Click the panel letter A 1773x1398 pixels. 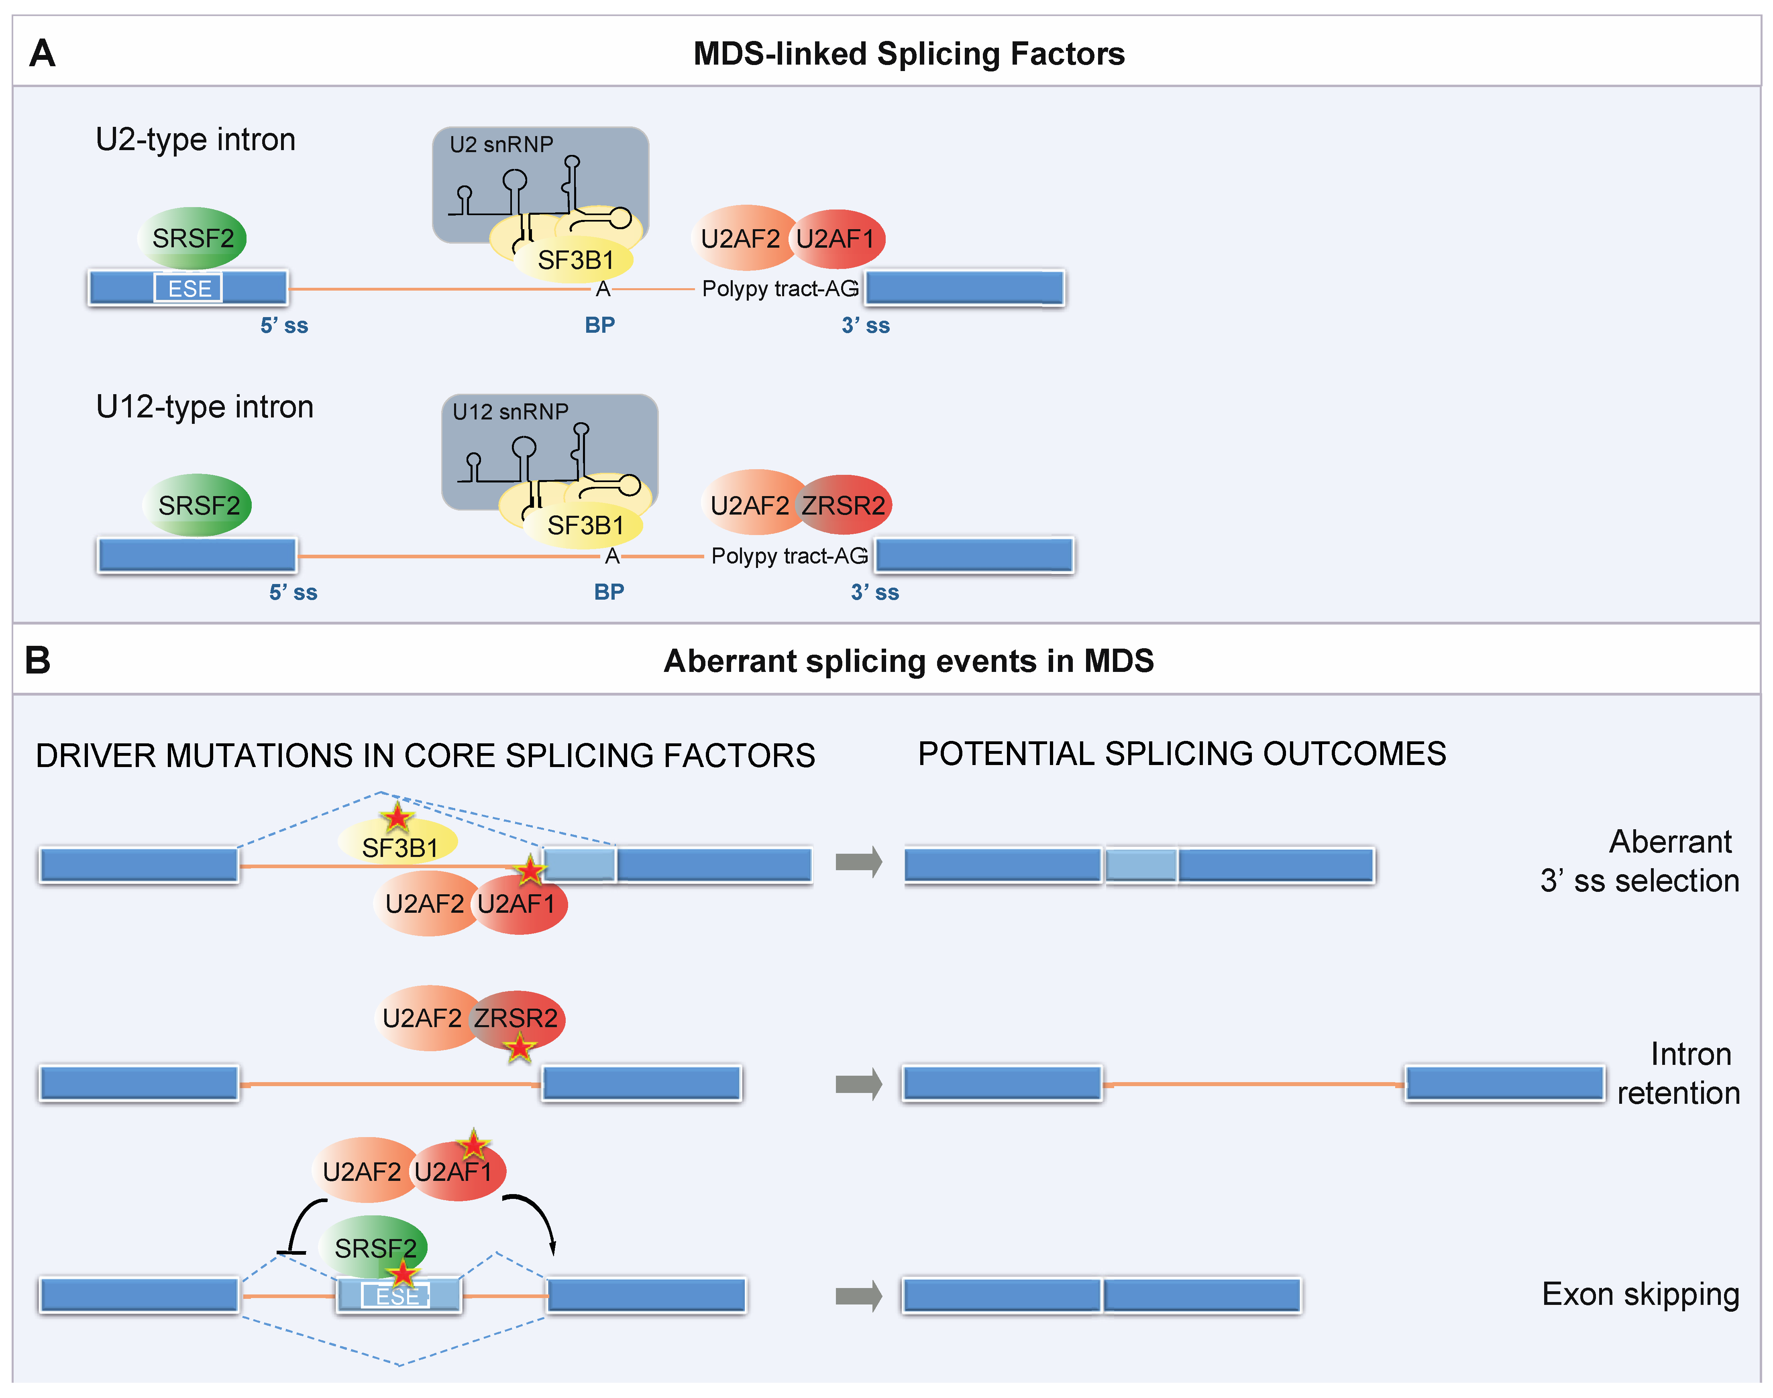pos(43,54)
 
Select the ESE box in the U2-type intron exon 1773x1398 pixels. pos(188,288)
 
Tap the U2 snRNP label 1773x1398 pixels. pos(501,145)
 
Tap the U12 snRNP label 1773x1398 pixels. pos(510,412)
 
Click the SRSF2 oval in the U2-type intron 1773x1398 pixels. pos(193,238)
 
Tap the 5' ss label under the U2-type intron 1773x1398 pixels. pos(284,326)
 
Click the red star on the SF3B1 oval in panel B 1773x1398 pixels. pos(397,817)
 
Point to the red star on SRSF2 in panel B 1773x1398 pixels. pos(402,1274)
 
